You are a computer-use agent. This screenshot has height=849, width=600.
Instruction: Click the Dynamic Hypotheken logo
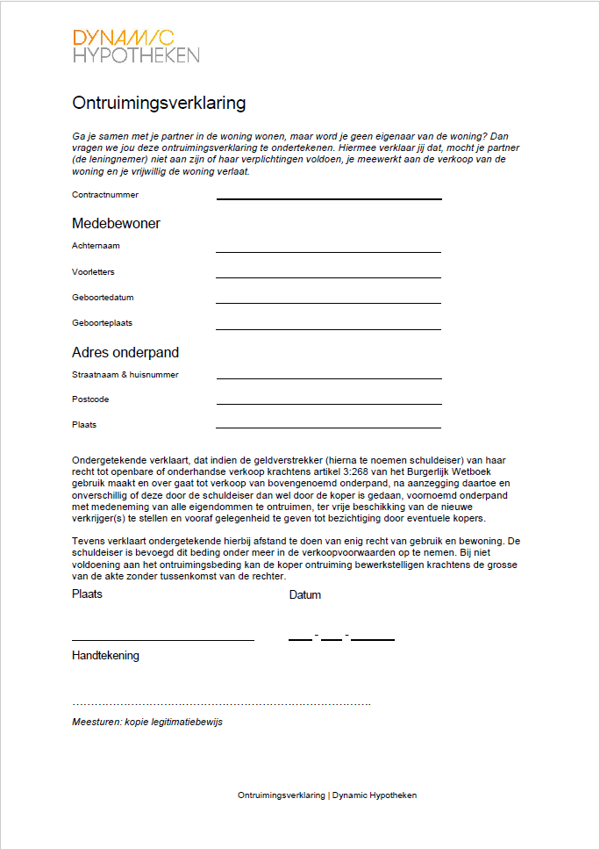tap(136, 46)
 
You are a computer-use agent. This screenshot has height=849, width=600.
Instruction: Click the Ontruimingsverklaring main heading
tap(159, 103)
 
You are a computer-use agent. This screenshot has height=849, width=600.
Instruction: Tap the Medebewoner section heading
tap(116, 224)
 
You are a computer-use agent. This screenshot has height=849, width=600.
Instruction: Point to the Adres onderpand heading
tap(125, 353)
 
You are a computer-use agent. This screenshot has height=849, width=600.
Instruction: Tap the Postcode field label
tap(90, 399)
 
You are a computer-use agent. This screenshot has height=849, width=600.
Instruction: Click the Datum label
tap(305, 595)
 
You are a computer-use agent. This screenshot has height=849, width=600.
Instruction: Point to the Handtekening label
tap(105, 656)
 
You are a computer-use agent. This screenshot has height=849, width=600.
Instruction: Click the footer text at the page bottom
tap(327, 795)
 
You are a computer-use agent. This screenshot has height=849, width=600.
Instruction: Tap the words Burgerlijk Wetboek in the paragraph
tap(470, 472)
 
